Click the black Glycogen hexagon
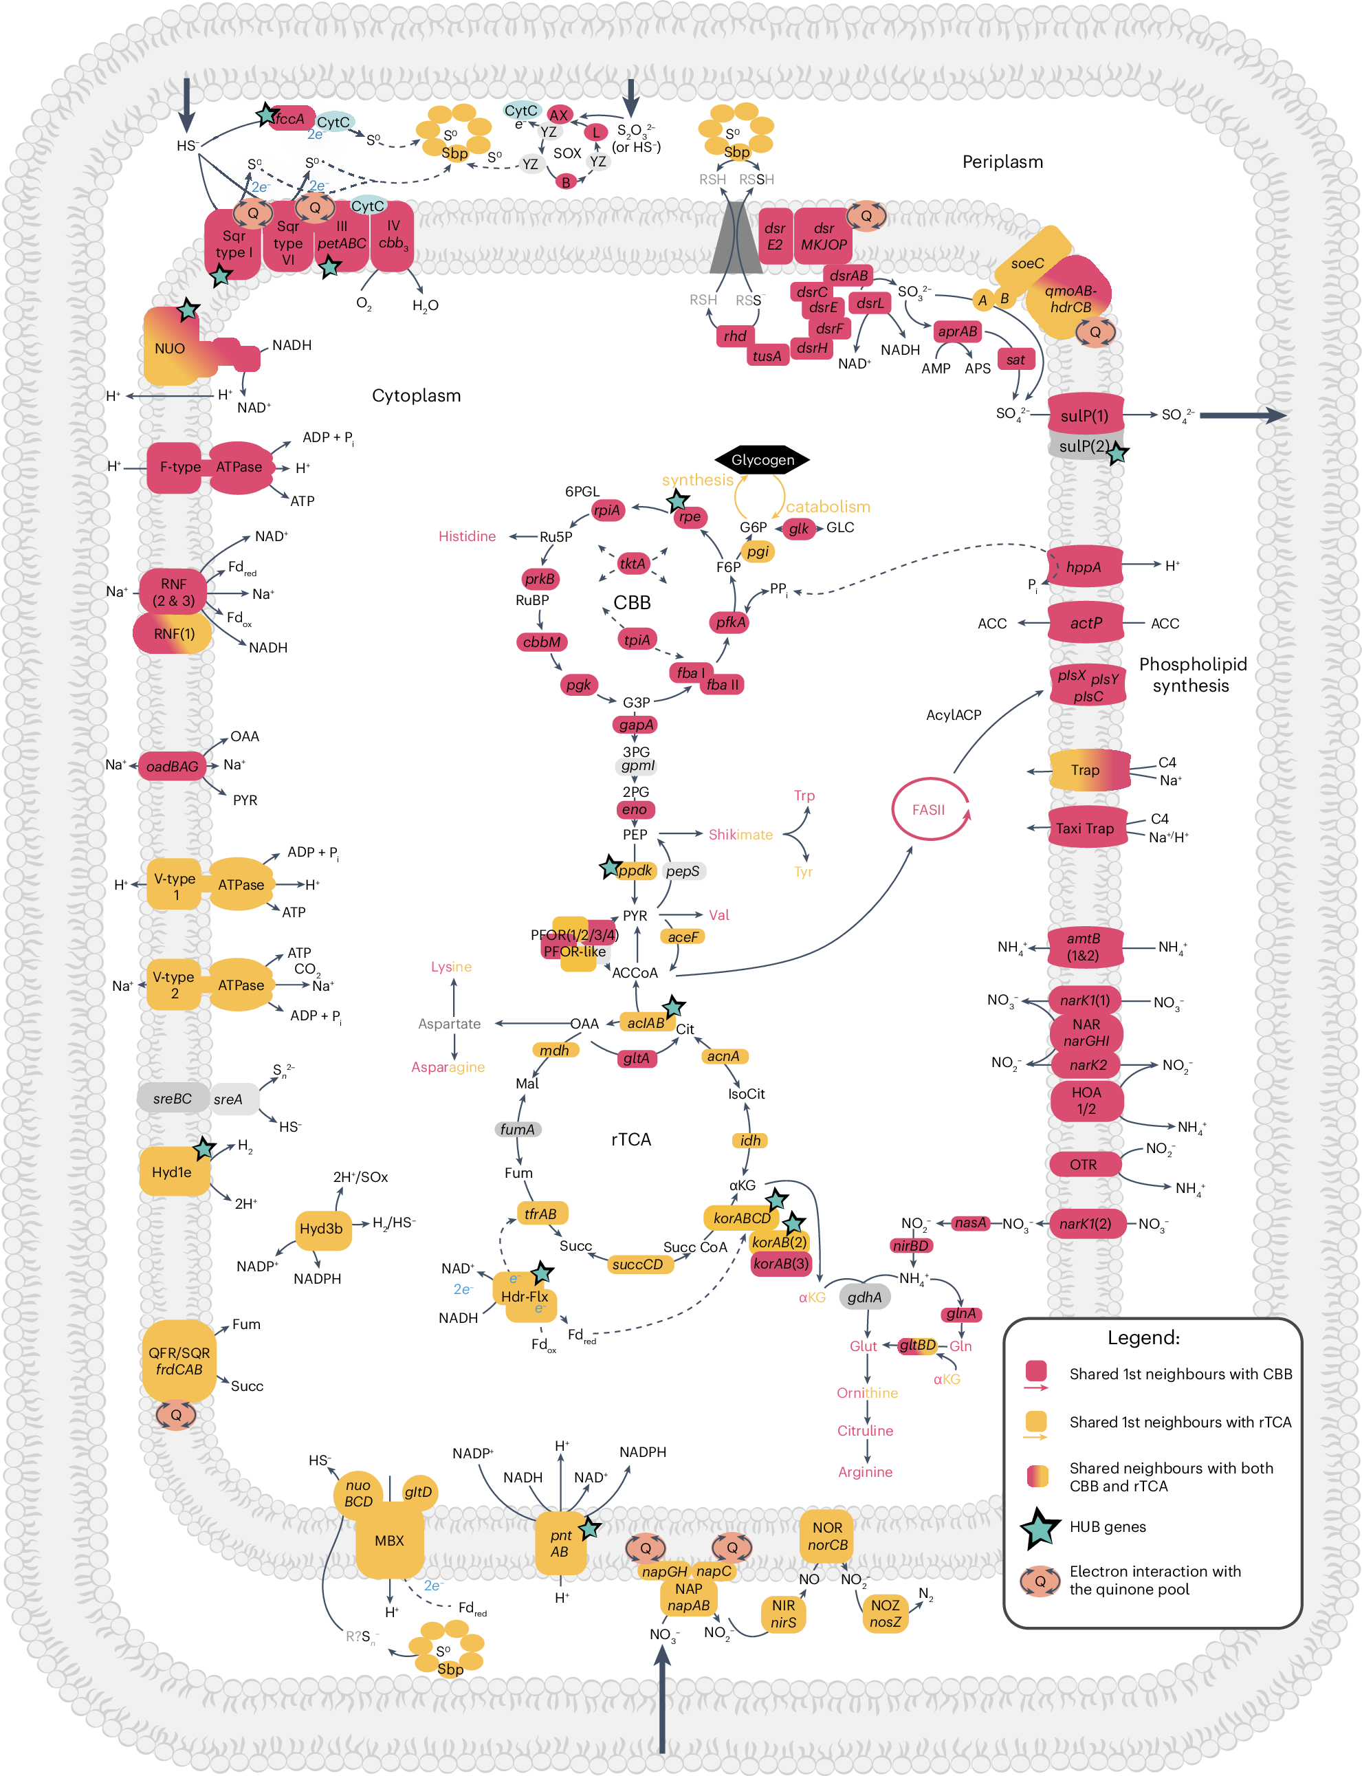(762, 459)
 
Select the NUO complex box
(171, 349)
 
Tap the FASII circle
(928, 809)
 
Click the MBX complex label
(389, 1540)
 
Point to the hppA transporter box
(1084, 567)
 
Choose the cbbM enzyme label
(542, 642)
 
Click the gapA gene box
(635, 725)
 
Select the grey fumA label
(517, 1129)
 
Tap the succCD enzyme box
(637, 1264)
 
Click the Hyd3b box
(321, 1228)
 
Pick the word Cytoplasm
(416, 395)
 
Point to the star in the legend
(1040, 1527)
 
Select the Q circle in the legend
(1040, 1580)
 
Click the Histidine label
(467, 536)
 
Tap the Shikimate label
(740, 834)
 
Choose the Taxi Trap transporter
(1085, 828)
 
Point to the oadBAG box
(172, 766)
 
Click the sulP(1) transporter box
(1084, 416)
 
